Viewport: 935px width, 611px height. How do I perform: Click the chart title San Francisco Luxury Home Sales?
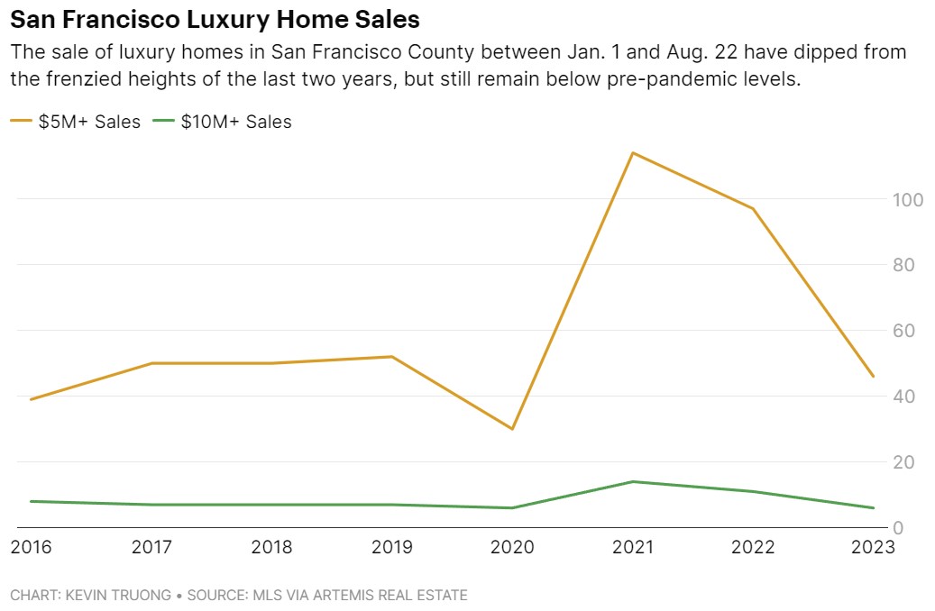tap(215, 19)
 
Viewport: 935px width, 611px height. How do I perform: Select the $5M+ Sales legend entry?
tap(76, 122)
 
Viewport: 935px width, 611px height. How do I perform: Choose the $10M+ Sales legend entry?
tap(224, 122)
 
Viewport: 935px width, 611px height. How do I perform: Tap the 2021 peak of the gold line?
tap(633, 152)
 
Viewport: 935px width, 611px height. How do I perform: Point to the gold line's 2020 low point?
tap(513, 429)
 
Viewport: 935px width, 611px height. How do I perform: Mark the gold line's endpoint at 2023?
tap(874, 377)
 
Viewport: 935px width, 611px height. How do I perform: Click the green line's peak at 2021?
tap(633, 481)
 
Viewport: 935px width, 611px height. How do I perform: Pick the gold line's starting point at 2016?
tap(32, 399)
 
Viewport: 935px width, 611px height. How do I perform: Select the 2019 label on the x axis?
tap(392, 548)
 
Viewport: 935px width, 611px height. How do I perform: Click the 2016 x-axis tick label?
tap(32, 548)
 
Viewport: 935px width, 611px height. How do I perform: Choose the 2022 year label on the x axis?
tap(753, 548)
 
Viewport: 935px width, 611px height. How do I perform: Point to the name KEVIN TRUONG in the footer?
tap(118, 596)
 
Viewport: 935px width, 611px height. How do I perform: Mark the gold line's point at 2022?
tap(753, 209)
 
